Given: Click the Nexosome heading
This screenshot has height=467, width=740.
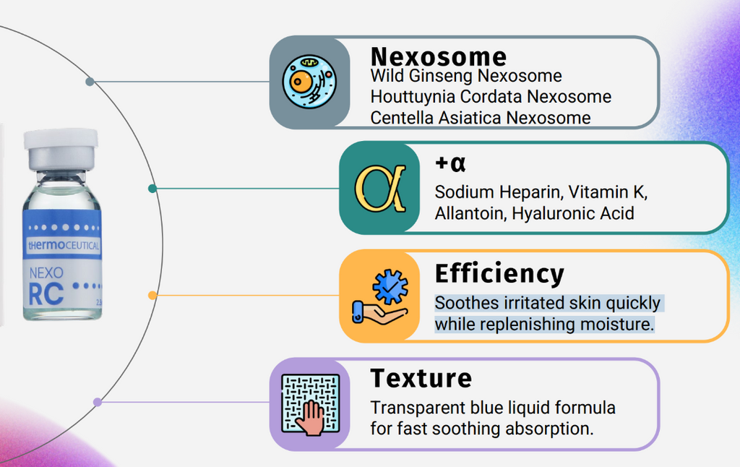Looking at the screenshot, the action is [439, 56].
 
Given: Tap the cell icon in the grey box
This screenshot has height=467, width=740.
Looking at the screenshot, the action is [309, 82].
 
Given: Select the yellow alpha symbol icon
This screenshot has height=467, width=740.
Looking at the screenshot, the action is [380, 188].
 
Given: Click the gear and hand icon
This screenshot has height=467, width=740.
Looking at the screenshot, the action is [380, 296].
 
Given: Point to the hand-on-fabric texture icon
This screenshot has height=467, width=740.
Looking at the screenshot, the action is [310, 404].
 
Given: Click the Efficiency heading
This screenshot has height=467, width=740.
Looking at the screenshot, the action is [499, 274].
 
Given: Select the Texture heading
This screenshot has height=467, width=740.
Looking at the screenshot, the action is [421, 378].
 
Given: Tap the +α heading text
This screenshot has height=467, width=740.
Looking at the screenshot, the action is [450, 163].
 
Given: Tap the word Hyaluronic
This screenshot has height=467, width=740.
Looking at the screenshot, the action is [553, 214].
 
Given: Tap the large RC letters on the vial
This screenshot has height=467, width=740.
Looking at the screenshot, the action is [46, 294].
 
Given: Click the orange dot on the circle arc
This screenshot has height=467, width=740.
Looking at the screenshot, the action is [152, 295].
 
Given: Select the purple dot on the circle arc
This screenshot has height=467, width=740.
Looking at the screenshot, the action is [98, 403].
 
